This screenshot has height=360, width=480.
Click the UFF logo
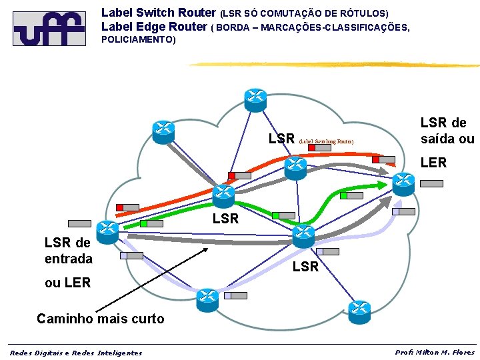(x=49, y=28)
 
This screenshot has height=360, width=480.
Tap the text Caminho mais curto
(x=100, y=319)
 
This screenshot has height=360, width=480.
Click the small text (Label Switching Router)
(x=321, y=141)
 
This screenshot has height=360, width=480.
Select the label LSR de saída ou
(x=447, y=131)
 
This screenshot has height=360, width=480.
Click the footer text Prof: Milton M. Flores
(x=435, y=352)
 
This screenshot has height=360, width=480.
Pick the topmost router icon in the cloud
(x=255, y=99)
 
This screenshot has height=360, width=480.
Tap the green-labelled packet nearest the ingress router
(x=152, y=223)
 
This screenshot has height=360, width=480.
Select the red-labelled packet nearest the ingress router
(x=127, y=207)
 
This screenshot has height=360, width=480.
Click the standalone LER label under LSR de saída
(x=433, y=163)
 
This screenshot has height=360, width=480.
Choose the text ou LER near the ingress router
(x=67, y=283)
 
